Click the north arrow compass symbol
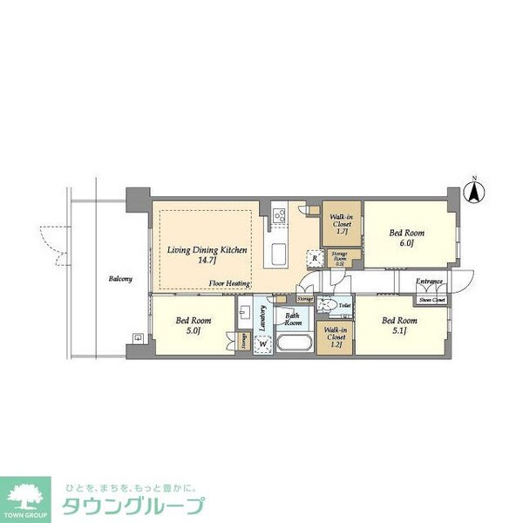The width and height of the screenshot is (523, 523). (475, 192)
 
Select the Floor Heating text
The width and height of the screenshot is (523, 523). (230, 283)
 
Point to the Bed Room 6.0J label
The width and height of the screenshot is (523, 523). (406, 238)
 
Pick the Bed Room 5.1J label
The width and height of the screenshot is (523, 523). (400, 325)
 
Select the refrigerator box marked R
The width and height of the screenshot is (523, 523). (313, 257)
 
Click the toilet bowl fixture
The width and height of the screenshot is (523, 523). (327, 304)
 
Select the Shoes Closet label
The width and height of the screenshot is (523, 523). (431, 300)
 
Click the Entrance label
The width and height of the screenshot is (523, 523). (429, 282)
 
